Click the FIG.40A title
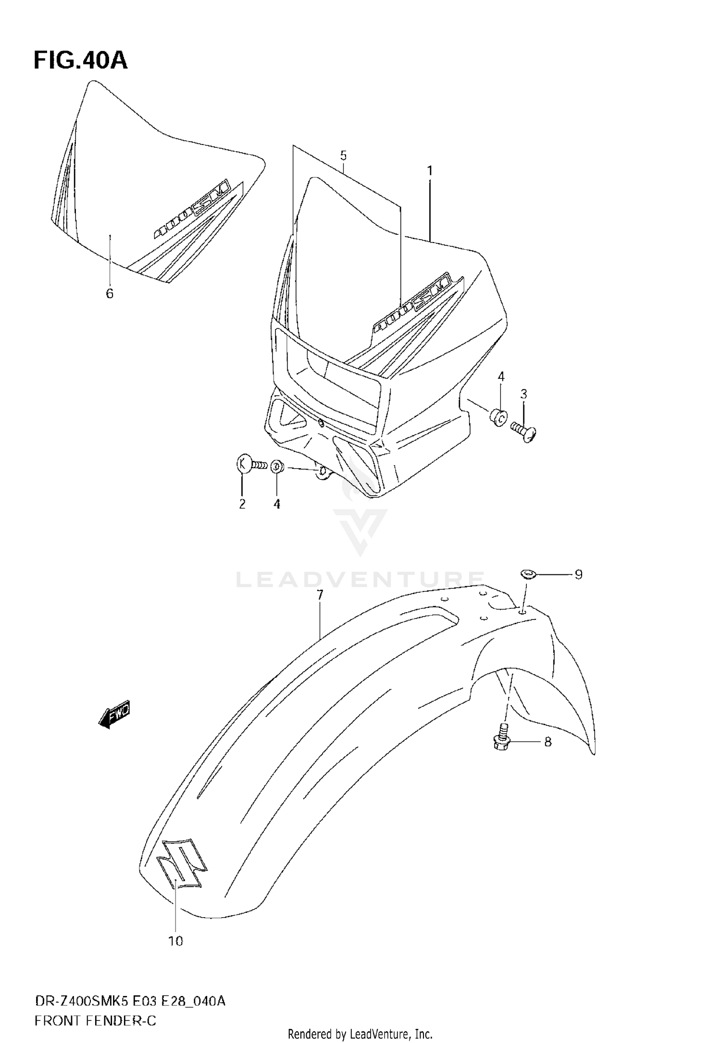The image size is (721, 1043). [80, 61]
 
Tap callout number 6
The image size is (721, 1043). [110, 293]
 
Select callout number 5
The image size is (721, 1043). [343, 155]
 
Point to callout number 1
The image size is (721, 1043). [430, 170]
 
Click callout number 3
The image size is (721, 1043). [523, 394]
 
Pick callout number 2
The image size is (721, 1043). [242, 504]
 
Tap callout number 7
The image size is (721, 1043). [320, 595]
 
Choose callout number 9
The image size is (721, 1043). [578, 574]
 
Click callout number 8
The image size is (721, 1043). [547, 742]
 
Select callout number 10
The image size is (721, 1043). [176, 941]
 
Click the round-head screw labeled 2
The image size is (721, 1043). [250, 464]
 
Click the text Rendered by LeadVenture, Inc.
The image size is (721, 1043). [360, 1033]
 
